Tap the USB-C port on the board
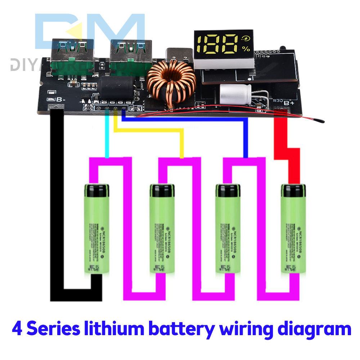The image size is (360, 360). [180, 55]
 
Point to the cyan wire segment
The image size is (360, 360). [107, 137]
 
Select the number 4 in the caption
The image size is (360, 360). [17, 329]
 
